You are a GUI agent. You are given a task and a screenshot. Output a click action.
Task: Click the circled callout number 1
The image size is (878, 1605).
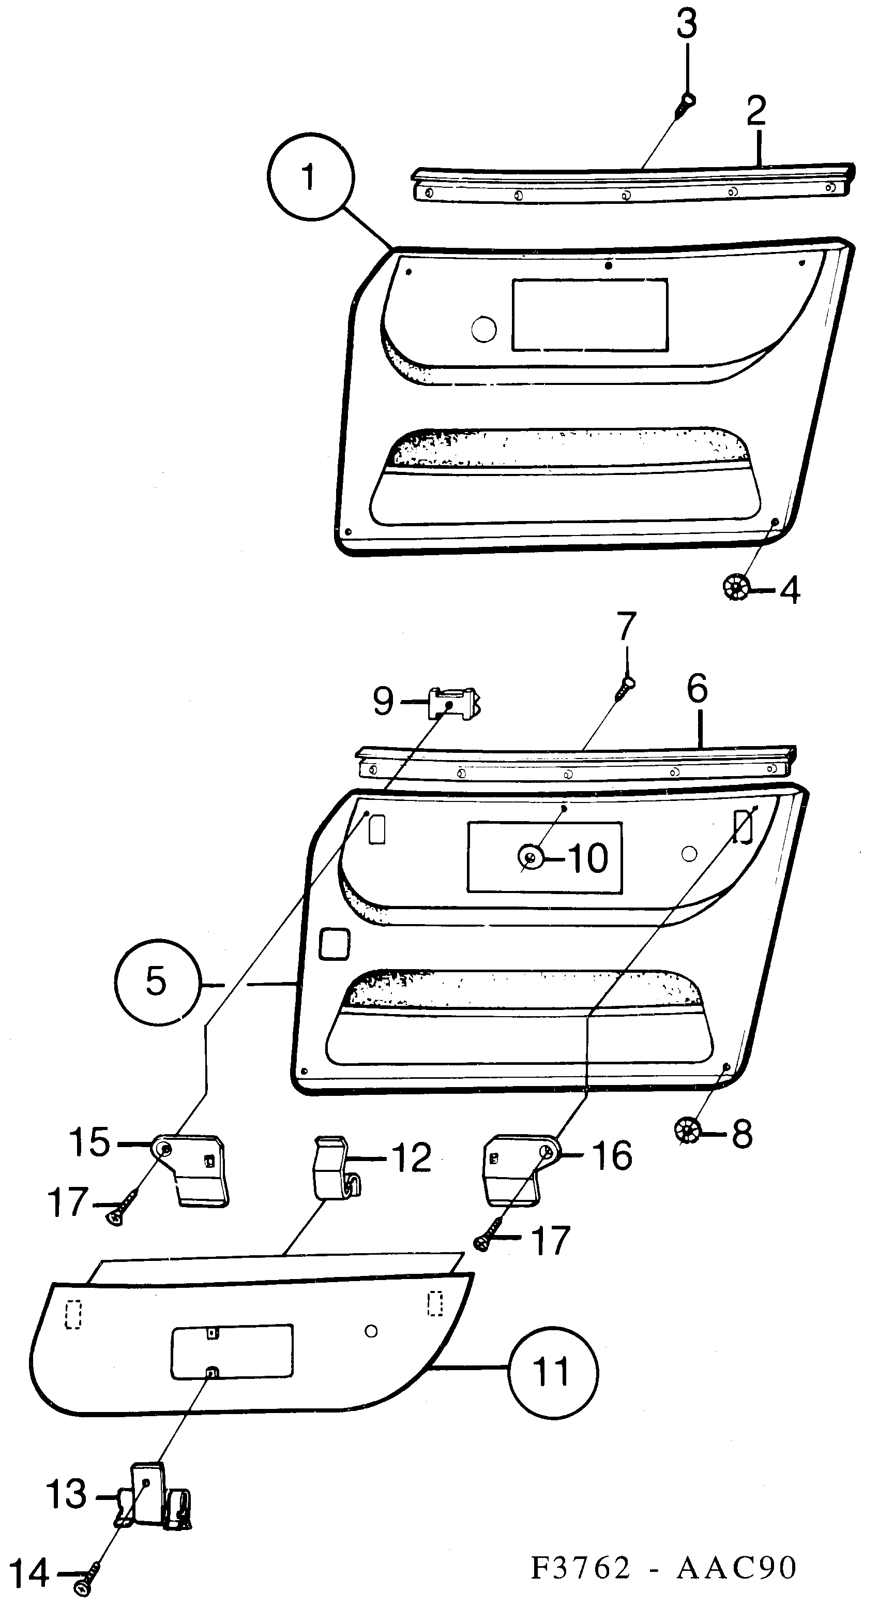310,177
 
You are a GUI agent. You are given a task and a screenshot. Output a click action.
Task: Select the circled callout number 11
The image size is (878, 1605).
552,1372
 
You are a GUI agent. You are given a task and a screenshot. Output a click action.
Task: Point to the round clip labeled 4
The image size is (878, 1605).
735,588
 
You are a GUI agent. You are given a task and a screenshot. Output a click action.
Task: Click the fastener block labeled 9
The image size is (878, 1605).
453,704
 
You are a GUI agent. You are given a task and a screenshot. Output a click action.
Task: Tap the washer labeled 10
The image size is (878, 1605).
530,857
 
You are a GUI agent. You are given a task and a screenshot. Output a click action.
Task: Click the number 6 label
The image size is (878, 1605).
697,689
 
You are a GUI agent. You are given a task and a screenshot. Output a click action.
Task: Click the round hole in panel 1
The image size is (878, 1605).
484,330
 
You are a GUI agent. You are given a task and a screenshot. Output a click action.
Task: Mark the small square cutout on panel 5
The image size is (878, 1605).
335,943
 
